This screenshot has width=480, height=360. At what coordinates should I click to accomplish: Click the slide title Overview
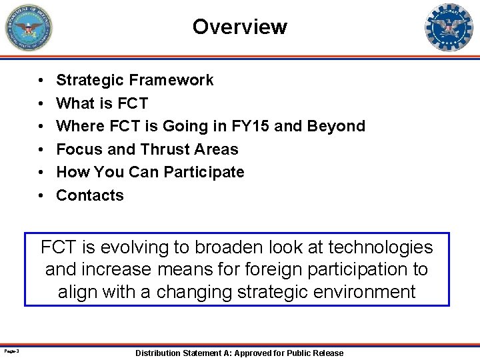239,27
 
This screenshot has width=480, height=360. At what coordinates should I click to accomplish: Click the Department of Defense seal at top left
28,27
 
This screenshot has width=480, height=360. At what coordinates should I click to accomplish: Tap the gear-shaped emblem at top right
449,27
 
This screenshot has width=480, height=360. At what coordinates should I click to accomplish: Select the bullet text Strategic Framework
135,80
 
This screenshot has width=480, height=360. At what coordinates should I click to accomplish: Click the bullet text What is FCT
102,103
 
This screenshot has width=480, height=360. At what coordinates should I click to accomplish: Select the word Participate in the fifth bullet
204,172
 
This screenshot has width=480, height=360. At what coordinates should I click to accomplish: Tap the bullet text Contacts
90,195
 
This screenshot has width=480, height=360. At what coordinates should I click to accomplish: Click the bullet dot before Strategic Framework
41,80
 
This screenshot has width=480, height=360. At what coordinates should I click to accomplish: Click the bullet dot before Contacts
41,195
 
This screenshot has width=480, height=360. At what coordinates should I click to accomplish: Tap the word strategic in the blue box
271,292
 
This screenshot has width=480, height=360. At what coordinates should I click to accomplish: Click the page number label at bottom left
11,351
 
